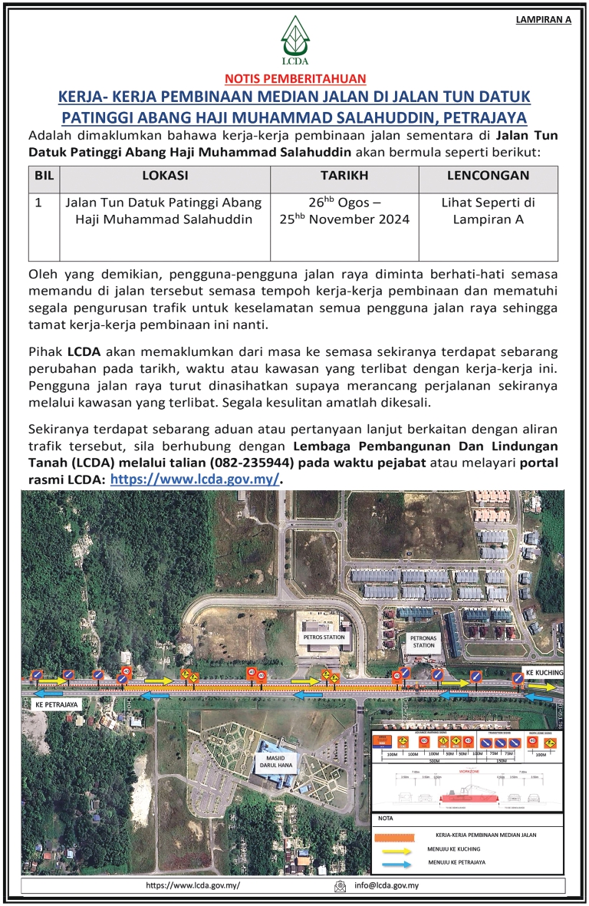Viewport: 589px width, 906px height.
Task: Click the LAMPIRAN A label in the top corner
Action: coord(543,20)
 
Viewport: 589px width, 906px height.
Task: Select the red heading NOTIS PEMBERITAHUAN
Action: coord(294,77)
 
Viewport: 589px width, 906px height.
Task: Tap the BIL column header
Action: coord(44,176)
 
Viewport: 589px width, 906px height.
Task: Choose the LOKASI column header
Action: coord(164,176)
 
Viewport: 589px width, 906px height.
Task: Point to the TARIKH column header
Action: coord(344,176)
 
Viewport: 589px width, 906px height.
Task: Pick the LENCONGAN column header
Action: coord(488,176)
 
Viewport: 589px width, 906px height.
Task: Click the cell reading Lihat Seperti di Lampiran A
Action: coord(488,211)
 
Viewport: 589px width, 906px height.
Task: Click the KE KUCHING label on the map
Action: coord(545,673)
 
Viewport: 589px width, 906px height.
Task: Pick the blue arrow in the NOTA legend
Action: coord(396,863)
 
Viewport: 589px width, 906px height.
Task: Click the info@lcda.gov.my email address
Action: coord(386,886)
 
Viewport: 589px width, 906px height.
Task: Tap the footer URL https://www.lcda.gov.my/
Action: coord(193,886)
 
